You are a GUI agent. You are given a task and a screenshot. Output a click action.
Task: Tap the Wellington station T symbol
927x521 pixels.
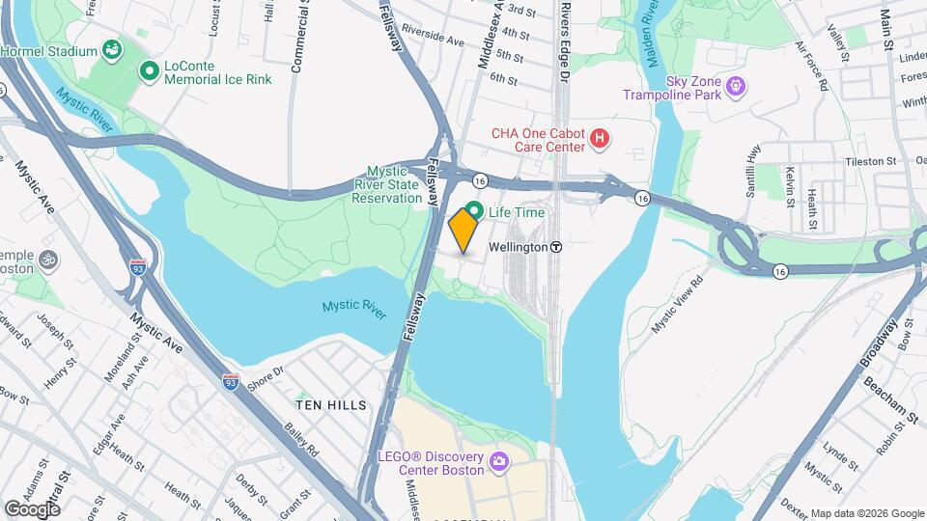pos(556,247)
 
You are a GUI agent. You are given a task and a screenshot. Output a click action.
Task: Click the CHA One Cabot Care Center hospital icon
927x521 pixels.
pos(601,140)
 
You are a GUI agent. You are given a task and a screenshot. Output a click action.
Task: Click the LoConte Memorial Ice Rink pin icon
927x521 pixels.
pos(150,70)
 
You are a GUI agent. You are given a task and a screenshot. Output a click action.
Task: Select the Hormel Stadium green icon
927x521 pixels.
pos(113,50)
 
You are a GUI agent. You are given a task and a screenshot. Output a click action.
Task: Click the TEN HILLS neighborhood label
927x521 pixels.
pos(331,405)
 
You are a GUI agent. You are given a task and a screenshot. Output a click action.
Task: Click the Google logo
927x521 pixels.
pos(33,508)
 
